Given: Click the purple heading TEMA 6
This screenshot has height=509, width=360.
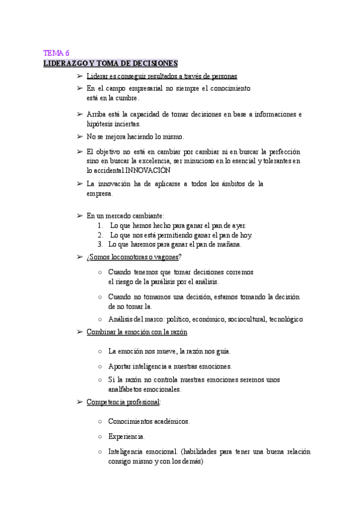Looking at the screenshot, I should [56, 53].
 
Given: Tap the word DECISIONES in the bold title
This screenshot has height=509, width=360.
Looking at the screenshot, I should [154, 64].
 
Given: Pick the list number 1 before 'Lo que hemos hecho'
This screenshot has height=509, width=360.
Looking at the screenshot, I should [100, 225].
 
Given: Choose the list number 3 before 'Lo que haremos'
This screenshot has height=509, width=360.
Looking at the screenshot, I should [100, 244].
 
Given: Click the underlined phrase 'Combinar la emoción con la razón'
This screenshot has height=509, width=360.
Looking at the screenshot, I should [137, 332].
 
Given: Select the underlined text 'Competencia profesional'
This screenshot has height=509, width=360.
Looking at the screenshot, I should [122, 402].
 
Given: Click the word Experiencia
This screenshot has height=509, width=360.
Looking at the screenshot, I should [126, 436].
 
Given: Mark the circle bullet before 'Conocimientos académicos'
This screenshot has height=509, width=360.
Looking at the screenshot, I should [100, 421].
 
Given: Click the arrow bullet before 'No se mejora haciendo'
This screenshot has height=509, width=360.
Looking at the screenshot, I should [80, 137].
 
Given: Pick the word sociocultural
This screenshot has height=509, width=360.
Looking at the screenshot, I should [244, 319].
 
